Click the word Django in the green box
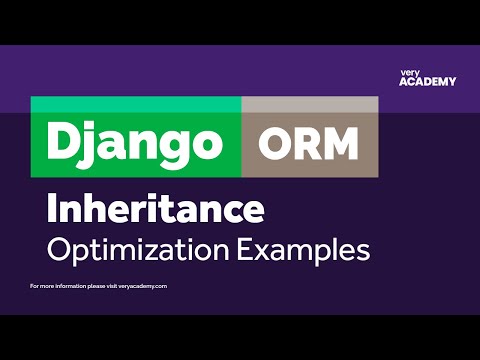pyautogui.click(x=136, y=143)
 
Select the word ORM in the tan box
pyautogui.click(x=308, y=143)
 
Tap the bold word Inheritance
pyautogui.click(x=155, y=209)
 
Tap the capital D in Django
pyautogui.click(x=63, y=142)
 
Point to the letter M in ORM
pyautogui.click(x=340, y=143)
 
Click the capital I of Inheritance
pyautogui.click(x=52, y=209)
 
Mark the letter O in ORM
pyautogui.click(x=275, y=143)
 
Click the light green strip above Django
pyautogui.click(x=136, y=104)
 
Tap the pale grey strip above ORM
pyautogui.click(x=309, y=104)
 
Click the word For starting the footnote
pyautogui.click(x=36, y=287)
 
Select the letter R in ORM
pyautogui.click(x=306, y=143)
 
